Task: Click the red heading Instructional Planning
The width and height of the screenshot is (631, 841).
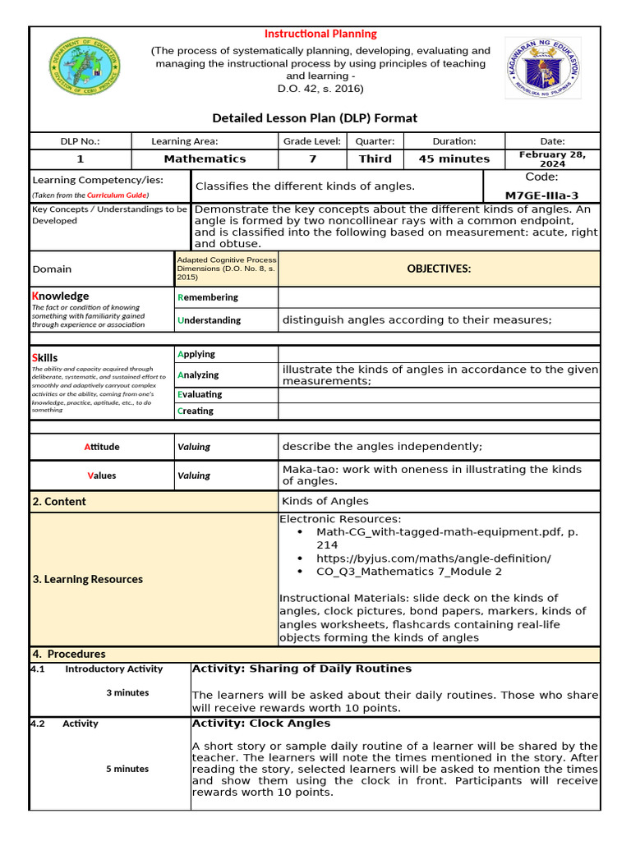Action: [320, 34]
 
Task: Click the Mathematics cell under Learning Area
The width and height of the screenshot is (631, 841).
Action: [205, 159]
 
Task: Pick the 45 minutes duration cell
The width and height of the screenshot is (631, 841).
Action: [454, 159]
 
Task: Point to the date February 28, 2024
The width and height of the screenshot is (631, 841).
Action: [552, 159]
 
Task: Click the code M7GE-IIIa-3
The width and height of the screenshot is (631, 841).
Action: [541, 195]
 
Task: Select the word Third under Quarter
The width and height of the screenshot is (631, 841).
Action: [375, 159]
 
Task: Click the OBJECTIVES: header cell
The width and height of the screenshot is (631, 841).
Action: [439, 269]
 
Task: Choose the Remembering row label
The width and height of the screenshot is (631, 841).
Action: [208, 297]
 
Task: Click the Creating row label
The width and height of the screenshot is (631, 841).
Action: [196, 411]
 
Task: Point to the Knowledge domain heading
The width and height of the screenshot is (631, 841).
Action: [60, 296]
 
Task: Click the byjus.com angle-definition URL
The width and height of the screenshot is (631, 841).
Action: [433, 558]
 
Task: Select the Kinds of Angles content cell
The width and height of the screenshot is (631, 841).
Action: [325, 501]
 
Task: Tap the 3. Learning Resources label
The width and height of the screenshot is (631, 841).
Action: [87, 579]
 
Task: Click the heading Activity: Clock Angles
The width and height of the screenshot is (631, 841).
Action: [260, 724]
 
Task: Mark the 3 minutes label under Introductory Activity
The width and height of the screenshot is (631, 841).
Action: [127, 692]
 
